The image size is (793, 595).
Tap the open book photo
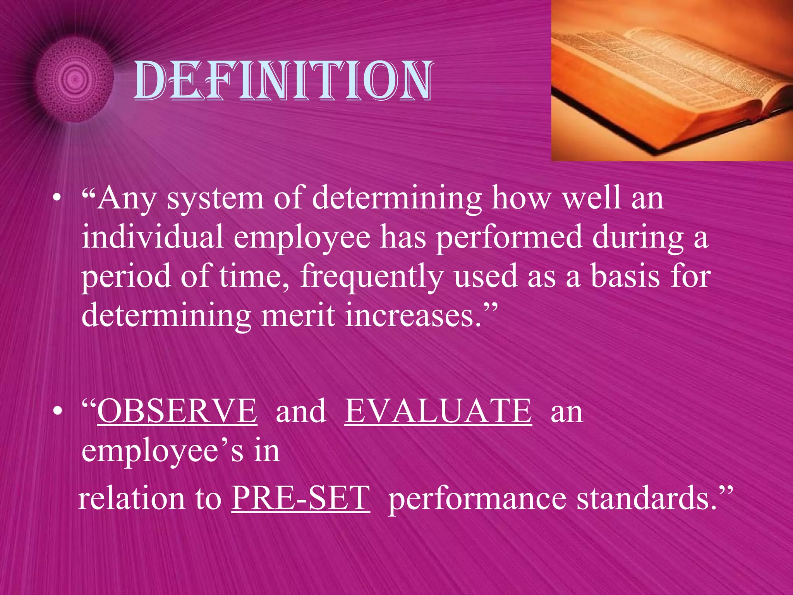click(672, 81)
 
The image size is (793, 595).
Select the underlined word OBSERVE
click(177, 411)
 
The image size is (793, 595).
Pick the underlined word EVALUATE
click(438, 411)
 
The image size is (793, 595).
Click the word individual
click(152, 237)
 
